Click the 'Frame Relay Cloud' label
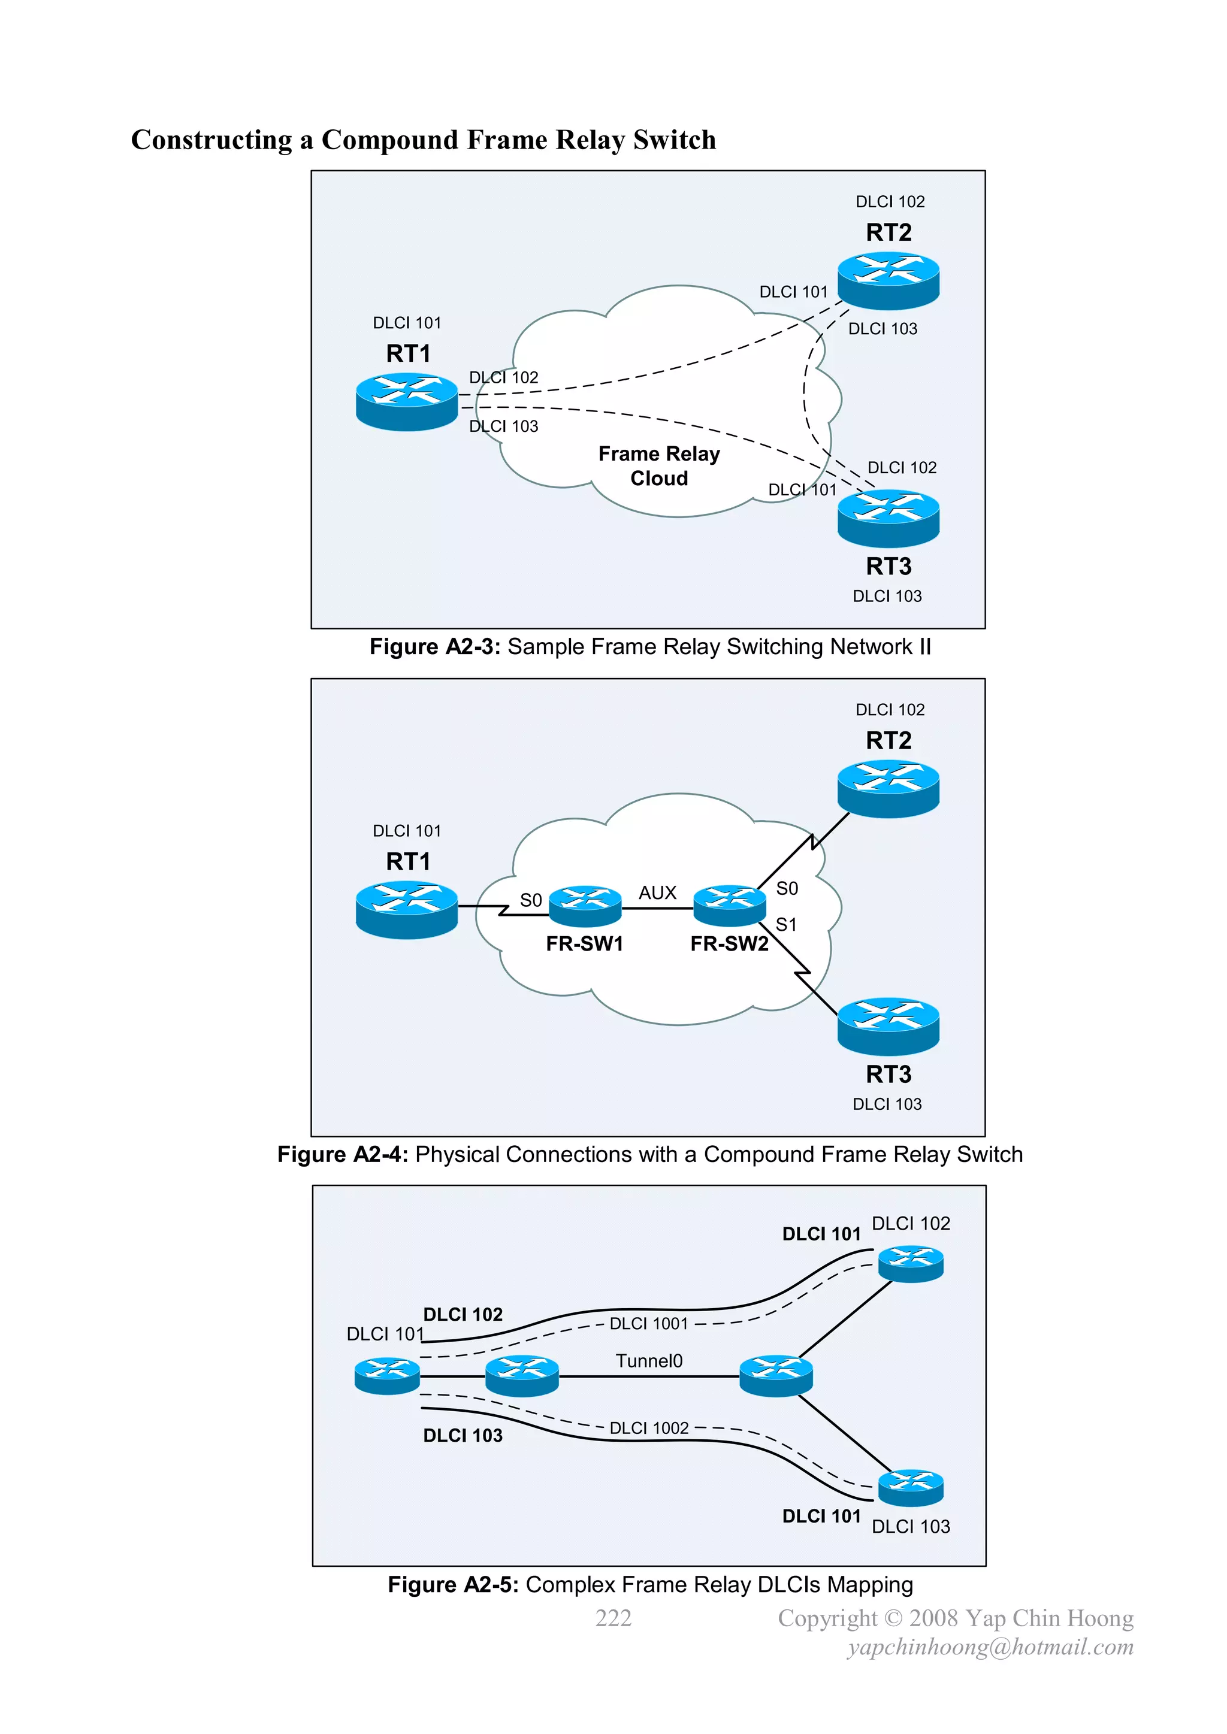(x=659, y=466)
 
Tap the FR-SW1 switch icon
(x=585, y=905)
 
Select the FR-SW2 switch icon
(x=729, y=905)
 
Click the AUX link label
(x=657, y=892)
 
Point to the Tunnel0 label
(x=648, y=1361)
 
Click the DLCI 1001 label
(x=649, y=1323)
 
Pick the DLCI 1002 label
(x=649, y=1427)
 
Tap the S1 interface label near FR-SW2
(x=786, y=924)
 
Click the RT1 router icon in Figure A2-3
(x=406, y=402)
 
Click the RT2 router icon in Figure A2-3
(x=888, y=280)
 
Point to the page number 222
(x=613, y=1618)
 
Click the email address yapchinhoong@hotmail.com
(x=990, y=1647)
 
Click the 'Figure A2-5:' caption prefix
(x=452, y=1584)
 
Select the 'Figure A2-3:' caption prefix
(x=434, y=646)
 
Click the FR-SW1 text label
(x=584, y=943)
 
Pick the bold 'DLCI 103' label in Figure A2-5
(x=463, y=1435)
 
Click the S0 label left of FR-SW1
(x=530, y=900)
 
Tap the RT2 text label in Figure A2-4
(x=888, y=740)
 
